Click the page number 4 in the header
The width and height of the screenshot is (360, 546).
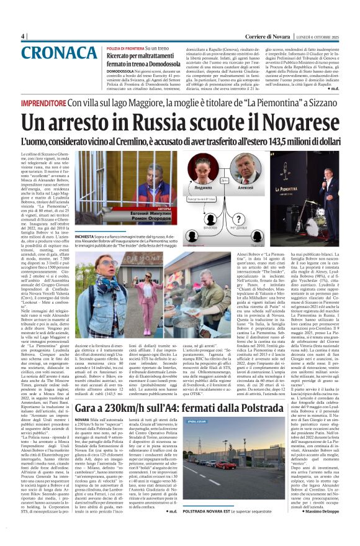coord(22,37)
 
